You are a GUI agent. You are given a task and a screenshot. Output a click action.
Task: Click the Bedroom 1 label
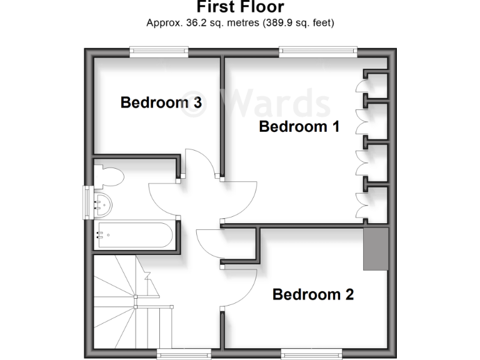tap(299, 127)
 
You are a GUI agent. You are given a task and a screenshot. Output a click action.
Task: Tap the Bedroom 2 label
tap(313, 294)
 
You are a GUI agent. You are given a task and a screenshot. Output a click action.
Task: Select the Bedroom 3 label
tap(161, 102)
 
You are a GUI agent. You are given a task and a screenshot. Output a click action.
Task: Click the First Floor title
tap(240, 7)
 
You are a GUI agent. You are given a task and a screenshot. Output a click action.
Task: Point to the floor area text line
tap(240, 24)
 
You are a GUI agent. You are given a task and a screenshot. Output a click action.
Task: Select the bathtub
tap(134, 236)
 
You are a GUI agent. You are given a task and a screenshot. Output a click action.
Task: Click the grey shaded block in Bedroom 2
tap(376, 249)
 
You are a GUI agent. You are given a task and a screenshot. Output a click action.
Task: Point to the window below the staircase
tap(181, 354)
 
